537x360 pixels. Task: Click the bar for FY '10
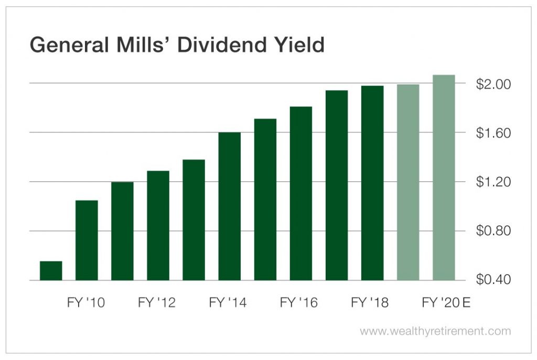[87, 240]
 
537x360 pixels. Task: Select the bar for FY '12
[158, 225]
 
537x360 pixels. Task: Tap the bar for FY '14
[229, 206]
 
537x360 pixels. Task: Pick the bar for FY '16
[300, 193]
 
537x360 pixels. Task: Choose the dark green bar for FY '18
[372, 183]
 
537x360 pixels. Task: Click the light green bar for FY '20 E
[444, 178]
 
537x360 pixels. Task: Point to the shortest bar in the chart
[51, 270]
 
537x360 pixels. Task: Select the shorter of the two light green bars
[408, 182]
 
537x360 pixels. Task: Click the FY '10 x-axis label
[86, 303]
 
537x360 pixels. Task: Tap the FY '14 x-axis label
[228, 303]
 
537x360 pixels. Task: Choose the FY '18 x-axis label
[370, 303]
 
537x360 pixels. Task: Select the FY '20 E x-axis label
[446, 303]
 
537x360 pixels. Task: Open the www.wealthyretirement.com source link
[435, 331]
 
